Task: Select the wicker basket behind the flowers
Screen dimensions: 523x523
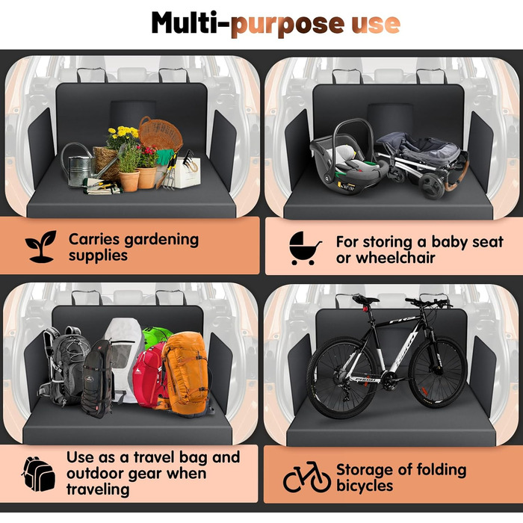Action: point(161,133)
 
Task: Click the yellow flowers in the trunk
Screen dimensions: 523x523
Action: point(123,133)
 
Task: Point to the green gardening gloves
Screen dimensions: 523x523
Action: point(165,157)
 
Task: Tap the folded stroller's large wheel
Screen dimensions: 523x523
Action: point(432,186)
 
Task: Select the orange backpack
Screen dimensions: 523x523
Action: point(187,374)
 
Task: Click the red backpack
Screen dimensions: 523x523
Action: point(149,375)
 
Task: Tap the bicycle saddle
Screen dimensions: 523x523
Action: point(365,299)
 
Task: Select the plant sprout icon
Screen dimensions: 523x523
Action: point(41,247)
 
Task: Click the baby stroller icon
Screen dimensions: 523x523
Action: point(304,248)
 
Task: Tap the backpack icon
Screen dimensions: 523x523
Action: point(39,474)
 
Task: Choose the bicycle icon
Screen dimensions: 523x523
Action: point(307,477)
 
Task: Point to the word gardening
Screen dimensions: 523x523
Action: point(161,240)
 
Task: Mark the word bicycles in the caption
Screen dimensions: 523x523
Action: point(365,486)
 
